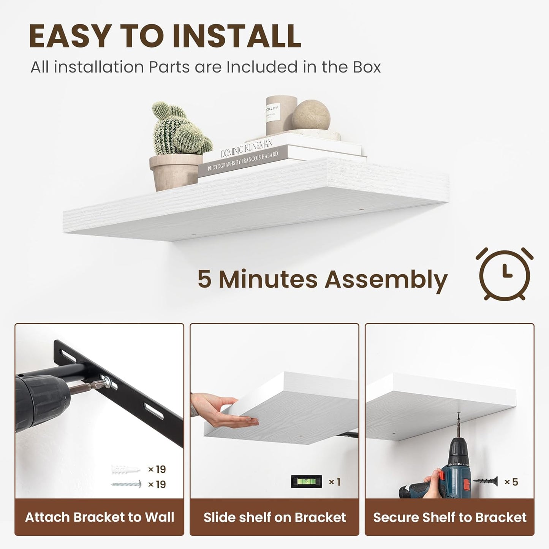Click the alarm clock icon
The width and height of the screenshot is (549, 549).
click(504, 274)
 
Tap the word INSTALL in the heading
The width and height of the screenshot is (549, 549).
click(236, 36)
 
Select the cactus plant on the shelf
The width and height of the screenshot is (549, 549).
click(179, 129)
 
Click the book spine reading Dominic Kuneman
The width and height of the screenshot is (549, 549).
click(246, 148)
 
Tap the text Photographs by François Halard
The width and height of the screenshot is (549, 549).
click(243, 161)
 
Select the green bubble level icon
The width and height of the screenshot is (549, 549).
click(306, 482)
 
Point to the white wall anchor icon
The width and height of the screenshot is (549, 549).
click(125, 470)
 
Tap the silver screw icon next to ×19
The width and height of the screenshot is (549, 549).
click(126, 484)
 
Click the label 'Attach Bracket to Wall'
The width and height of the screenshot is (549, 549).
click(100, 517)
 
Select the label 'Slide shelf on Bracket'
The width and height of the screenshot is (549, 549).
click(274, 517)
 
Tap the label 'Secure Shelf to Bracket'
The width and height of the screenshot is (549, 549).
click(449, 517)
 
